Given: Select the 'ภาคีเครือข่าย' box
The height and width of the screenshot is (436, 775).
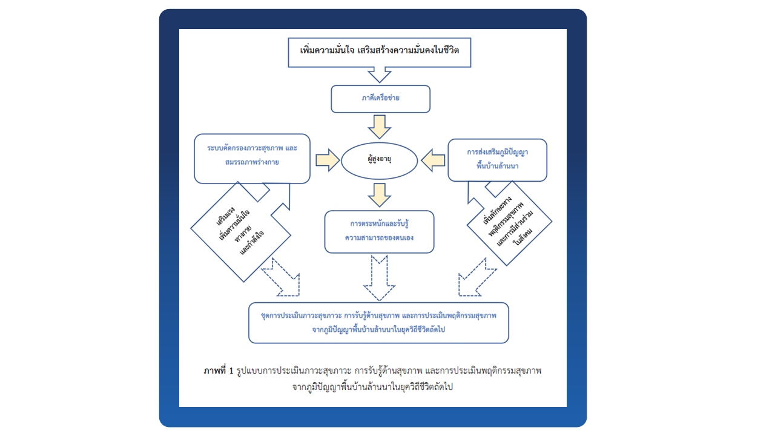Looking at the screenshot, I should [380, 99].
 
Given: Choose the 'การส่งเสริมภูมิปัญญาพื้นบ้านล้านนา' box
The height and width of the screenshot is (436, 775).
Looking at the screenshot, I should [497, 160].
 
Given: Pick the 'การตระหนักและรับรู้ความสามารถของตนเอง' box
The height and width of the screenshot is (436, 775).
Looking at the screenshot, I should [380, 231].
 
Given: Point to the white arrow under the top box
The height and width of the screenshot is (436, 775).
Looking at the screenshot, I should [380, 74].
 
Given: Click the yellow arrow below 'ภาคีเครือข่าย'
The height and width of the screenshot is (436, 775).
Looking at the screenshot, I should [380, 126].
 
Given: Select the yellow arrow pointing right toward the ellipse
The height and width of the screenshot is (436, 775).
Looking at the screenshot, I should [327, 160].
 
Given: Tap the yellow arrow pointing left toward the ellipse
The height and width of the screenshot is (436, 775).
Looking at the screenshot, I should [432, 161].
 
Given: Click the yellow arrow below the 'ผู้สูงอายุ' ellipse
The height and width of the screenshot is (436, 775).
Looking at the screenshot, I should [380, 194].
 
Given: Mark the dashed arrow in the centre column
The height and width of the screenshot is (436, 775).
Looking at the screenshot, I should [380, 277].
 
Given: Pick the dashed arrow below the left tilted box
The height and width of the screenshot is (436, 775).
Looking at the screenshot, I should [282, 278].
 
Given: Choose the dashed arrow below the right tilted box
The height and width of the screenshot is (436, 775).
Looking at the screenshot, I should [475, 278].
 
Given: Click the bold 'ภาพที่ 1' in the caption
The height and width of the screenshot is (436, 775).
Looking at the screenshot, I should [219, 370].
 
